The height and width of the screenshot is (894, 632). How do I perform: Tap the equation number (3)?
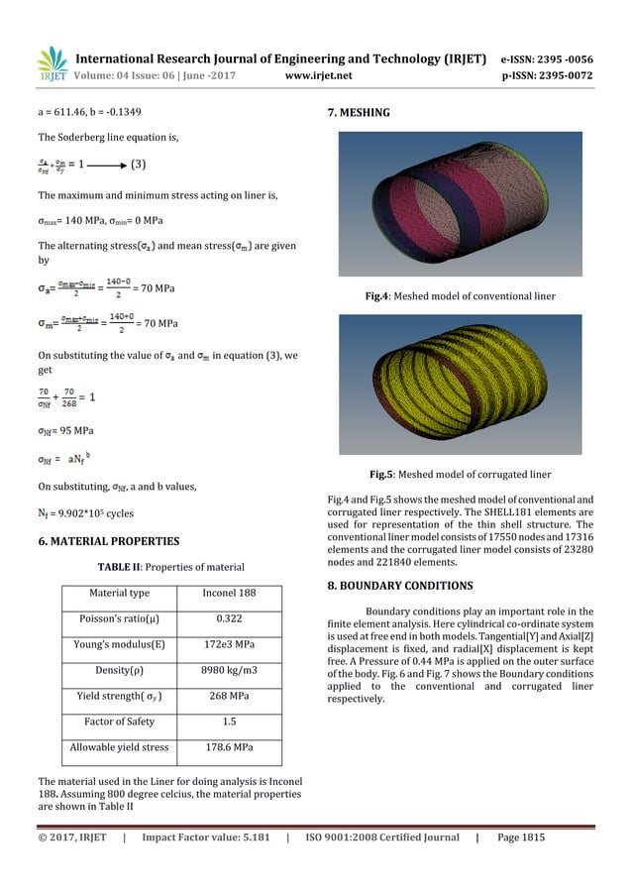coord(143,164)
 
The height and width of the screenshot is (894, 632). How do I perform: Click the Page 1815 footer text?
coord(521,838)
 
